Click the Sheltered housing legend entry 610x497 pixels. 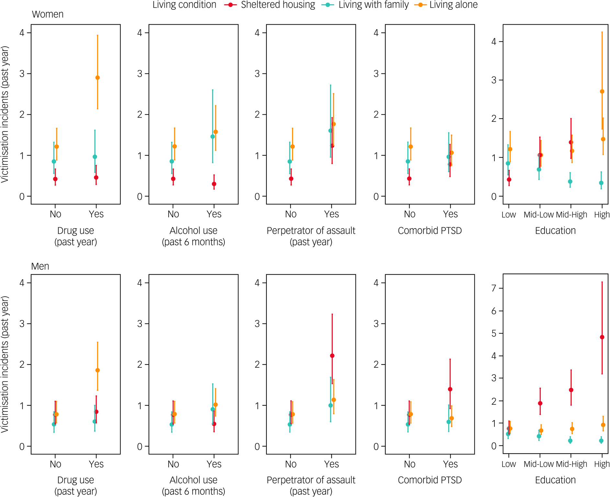pos(277,5)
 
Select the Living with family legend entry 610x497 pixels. pos(373,5)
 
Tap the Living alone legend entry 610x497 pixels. pos(453,5)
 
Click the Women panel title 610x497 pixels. pos(48,14)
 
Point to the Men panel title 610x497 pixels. pos(40,266)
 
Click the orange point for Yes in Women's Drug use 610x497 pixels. pos(97,78)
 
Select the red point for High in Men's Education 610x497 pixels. pos(602,337)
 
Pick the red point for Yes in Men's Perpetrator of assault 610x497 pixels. pos(332,356)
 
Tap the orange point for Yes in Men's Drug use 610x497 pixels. pos(97,370)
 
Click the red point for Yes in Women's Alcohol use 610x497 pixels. pos(214,184)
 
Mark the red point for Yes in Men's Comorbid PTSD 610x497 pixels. pos(450,389)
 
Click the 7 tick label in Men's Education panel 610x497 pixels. pos(494,288)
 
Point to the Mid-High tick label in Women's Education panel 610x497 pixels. pos(571,215)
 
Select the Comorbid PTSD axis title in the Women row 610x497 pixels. pos(430,231)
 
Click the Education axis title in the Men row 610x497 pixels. pos(555,480)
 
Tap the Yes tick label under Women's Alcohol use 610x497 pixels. pos(214,214)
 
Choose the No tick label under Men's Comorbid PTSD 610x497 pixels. pos(410,464)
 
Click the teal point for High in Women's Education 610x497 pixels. pos(601,183)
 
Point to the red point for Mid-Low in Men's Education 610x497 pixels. pos(540,403)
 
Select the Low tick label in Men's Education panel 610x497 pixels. pos(509,464)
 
